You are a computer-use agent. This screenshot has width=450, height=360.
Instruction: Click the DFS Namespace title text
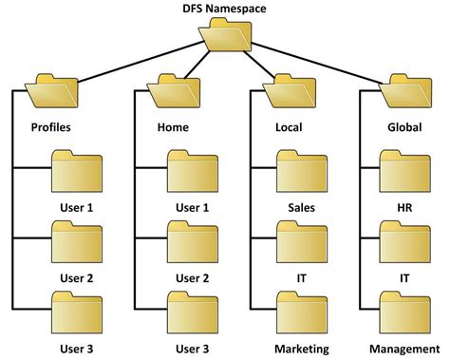click(x=224, y=9)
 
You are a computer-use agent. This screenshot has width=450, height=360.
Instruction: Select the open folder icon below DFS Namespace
click(x=225, y=39)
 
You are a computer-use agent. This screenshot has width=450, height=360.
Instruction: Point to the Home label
click(x=172, y=126)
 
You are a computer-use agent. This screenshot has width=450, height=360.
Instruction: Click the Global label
click(x=404, y=126)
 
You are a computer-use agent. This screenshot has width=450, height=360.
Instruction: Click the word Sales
click(x=302, y=207)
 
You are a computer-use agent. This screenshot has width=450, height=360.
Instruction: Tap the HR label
click(x=405, y=207)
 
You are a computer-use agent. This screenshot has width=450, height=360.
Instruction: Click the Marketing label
click(x=302, y=349)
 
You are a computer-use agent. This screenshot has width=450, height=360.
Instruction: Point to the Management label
click(x=405, y=349)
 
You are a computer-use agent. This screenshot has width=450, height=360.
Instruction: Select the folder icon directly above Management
click(x=405, y=315)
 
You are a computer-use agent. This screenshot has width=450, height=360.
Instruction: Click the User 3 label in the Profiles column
click(x=76, y=349)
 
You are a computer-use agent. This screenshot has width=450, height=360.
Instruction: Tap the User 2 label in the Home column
click(x=193, y=277)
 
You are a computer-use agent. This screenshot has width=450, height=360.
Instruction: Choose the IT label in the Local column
click(x=302, y=277)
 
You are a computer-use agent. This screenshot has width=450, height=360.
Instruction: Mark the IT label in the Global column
click(x=405, y=277)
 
